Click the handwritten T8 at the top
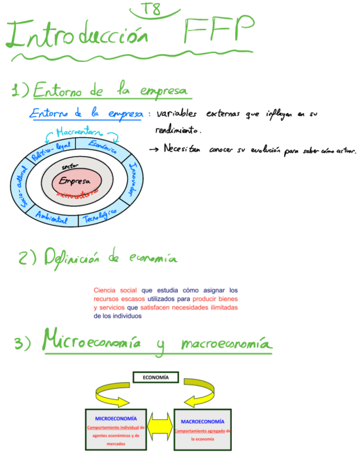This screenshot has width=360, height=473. click(x=150, y=9)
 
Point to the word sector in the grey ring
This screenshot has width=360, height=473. click(x=70, y=167)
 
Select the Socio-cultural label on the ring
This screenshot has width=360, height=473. click(x=20, y=187)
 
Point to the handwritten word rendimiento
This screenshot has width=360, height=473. click(x=178, y=131)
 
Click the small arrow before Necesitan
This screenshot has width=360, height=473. click(x=154, y=149)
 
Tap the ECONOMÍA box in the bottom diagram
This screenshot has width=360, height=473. click(x=155, y=378)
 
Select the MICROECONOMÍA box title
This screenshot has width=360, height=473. click(x=116, y=417)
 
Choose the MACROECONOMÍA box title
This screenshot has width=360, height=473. click(x=203, y=422)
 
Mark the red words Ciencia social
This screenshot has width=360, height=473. click(x=115, y=290)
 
